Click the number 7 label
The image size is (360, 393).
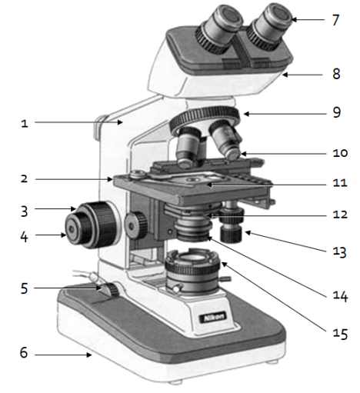click(335, 20)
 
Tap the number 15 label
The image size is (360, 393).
click(340, 334)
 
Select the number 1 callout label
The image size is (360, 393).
click(25, 124)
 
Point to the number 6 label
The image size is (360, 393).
click(24, 352)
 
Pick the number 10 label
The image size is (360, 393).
click(340, 153)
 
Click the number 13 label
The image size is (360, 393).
click(340, 251)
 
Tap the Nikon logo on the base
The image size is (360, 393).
click(213, 318)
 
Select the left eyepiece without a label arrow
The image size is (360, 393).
click(218, 29)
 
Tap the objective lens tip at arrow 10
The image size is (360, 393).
click(234, 155)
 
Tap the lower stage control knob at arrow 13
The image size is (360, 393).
click(231, 234)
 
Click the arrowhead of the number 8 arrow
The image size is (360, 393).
click(285, 75)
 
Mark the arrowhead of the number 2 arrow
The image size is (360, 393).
click(110, 179)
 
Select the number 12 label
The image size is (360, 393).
click(340, 215)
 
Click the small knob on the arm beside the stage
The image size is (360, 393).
click(135, 225)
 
